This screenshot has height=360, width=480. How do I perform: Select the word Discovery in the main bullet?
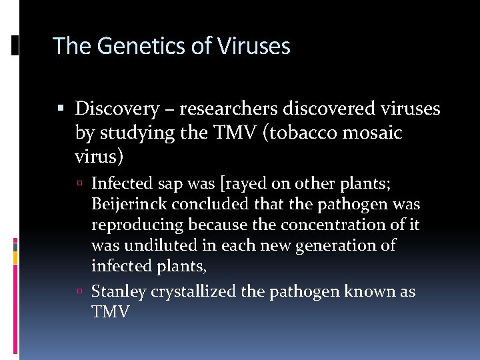(117, 108)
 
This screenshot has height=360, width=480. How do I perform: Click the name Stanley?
(118, 291)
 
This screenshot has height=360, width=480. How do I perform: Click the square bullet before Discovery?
(61, 108)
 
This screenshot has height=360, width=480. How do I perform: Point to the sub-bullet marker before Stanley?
(79, 292)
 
